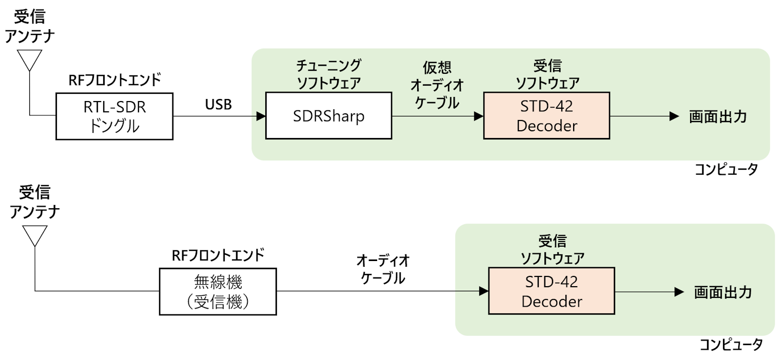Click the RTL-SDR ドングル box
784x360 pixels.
[114, 116]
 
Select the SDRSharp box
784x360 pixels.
[329, 116]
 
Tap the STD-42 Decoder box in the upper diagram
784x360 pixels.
[547, 116]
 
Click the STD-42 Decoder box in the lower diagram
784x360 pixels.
[552, 291]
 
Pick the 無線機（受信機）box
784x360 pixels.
[218, 292]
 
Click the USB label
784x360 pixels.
[219, 105]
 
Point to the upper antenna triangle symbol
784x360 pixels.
[29, 60]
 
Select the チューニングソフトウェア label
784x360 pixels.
[329, 74]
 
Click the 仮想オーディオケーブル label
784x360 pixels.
[437, 85]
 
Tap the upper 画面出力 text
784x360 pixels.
[718, 117]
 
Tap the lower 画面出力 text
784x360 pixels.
[723, 292]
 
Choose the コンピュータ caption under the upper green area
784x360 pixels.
[726, 170]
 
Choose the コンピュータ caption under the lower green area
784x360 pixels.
[731, 345]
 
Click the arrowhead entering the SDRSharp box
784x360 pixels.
[261, 116]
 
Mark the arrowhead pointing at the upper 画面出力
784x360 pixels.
[674, 116]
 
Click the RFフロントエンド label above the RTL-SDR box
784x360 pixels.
[114, 80]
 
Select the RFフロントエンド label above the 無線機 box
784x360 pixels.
[218, 255]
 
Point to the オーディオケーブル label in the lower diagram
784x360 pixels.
[383, 269]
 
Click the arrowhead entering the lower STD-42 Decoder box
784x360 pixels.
[484, 291]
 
